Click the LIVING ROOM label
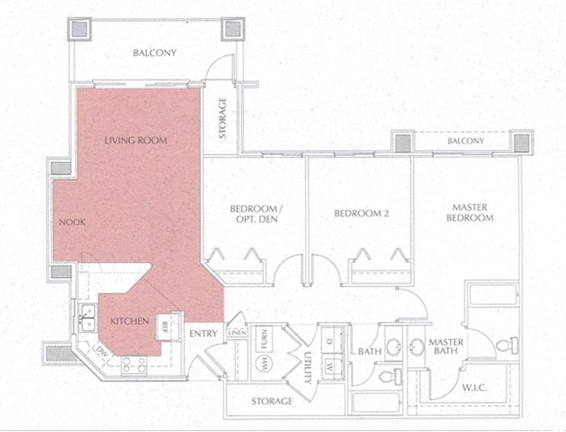[135, 140]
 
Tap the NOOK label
[72, 222]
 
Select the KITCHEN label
[129, 321]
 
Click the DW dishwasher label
[102, 353]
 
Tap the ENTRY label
[203, 334]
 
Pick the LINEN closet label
[235, 332]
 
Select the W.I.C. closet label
[474, 388]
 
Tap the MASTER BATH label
[446, 346]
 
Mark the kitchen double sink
[87, 317]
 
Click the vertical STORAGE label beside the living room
[223, 118]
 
